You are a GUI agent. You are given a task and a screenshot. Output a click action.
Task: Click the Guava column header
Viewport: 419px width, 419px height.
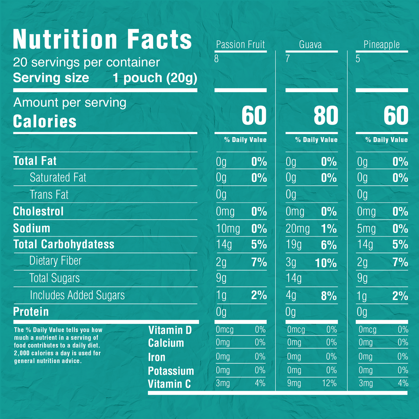pos(310,45)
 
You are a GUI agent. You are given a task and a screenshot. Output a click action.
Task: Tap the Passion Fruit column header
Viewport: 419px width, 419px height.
pos(240,45)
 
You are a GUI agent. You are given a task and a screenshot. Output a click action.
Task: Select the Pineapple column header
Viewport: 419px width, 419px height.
pos(382,45)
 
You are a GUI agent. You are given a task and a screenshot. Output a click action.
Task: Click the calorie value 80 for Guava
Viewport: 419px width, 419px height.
pos(326,115)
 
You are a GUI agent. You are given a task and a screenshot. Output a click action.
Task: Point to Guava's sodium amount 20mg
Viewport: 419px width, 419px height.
pos(298,229)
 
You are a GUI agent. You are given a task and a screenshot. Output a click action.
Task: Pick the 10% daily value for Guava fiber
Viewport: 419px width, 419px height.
pos(326,263)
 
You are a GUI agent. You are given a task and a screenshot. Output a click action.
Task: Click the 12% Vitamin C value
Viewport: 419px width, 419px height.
pos(329,383)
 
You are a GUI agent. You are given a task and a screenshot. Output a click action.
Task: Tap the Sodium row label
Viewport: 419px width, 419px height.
pos(32,228)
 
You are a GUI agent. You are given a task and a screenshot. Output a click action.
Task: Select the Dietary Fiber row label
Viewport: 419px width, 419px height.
pos(55,261)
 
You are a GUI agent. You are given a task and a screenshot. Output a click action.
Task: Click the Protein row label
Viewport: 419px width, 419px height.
pos(31,312)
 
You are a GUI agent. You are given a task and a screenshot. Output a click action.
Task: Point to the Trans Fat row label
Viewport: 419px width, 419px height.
pos(49,195)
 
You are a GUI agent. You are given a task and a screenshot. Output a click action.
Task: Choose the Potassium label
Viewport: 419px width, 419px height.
pos(171,371)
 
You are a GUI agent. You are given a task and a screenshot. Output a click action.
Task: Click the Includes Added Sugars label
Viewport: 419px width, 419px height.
pos(77,295)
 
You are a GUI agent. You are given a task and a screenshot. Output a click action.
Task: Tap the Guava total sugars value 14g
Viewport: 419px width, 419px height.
pos(293,278)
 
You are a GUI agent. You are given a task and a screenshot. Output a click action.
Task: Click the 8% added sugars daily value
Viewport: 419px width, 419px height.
pos(329,296)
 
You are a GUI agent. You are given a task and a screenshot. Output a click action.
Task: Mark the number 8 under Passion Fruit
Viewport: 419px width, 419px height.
pos(216,59)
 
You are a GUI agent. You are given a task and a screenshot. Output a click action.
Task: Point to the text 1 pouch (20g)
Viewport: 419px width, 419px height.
pos(155,78)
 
